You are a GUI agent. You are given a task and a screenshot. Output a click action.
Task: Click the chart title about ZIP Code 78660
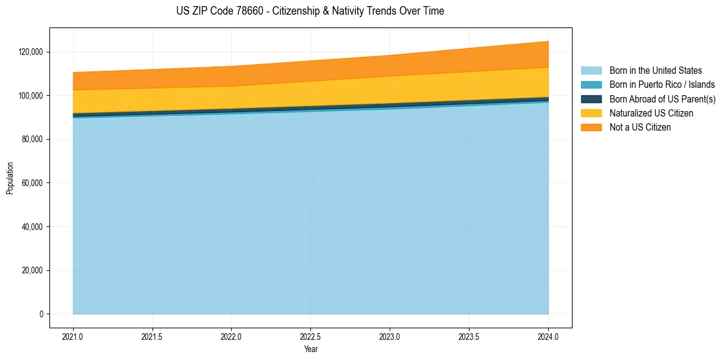click(x=310, y=11)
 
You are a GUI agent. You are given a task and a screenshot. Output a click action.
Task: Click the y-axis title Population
click(x=10, y=178)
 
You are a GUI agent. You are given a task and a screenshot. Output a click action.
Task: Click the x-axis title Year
click(x=310, y=350)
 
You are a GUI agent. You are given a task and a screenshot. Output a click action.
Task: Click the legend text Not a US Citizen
click(x=640, y=128)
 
